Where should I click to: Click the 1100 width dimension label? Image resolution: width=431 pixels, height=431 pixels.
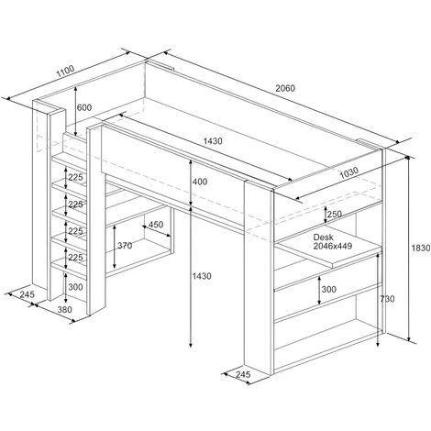coord(65,71)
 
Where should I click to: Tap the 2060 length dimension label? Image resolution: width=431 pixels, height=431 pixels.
coord(285,88)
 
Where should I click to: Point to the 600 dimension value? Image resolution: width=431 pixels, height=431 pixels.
coord(84,107)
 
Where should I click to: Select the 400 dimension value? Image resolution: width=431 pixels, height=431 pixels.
coord(200,182)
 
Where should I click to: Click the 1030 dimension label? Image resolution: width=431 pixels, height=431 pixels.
coord(349,172)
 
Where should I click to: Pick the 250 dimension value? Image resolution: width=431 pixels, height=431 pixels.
coord(335,214)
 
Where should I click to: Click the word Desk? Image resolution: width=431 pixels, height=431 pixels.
coord(323,237)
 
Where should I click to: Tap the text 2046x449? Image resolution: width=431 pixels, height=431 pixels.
coord(333,246)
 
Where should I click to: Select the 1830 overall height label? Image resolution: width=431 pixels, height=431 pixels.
coord(421,248)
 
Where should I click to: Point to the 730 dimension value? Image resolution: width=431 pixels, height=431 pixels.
coord(388,299)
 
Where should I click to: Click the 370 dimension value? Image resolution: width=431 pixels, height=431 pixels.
coord(125,245)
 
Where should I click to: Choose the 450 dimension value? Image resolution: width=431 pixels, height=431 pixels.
coord(156,225)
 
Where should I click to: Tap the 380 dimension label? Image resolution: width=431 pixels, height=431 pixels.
coord(65,310)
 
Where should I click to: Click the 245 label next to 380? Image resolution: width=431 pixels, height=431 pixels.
coord(28,294)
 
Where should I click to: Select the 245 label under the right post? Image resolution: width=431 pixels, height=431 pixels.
coord(243,374)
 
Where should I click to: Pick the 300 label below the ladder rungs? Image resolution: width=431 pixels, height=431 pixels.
coord(75,287)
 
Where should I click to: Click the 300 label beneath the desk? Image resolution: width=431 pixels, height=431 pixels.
coord(329,289)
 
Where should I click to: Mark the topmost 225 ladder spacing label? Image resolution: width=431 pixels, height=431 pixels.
coord(75,177)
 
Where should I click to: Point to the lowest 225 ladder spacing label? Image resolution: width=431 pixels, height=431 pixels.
coord(75,258)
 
